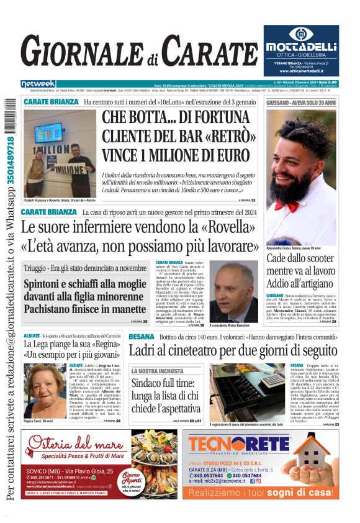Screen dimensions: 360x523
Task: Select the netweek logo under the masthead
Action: (x=38, y=83)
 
